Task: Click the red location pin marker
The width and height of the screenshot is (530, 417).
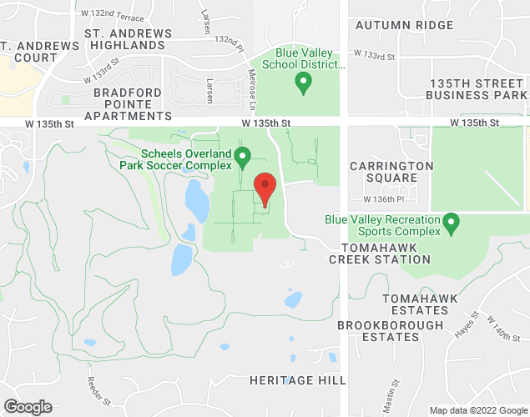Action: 265,188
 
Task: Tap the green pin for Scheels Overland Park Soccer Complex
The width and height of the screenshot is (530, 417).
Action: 243,156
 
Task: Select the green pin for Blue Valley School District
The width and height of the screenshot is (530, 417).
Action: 304,83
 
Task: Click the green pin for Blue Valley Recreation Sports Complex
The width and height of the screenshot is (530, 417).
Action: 452,224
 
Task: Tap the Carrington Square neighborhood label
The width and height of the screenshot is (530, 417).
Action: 391,172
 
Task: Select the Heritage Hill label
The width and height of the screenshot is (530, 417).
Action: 298,380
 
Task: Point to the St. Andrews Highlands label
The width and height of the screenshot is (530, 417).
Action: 129,39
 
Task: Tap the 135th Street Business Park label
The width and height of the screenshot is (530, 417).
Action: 477,90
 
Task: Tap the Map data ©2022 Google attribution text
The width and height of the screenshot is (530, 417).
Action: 477,410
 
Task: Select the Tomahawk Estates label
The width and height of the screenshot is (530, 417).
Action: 415,304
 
